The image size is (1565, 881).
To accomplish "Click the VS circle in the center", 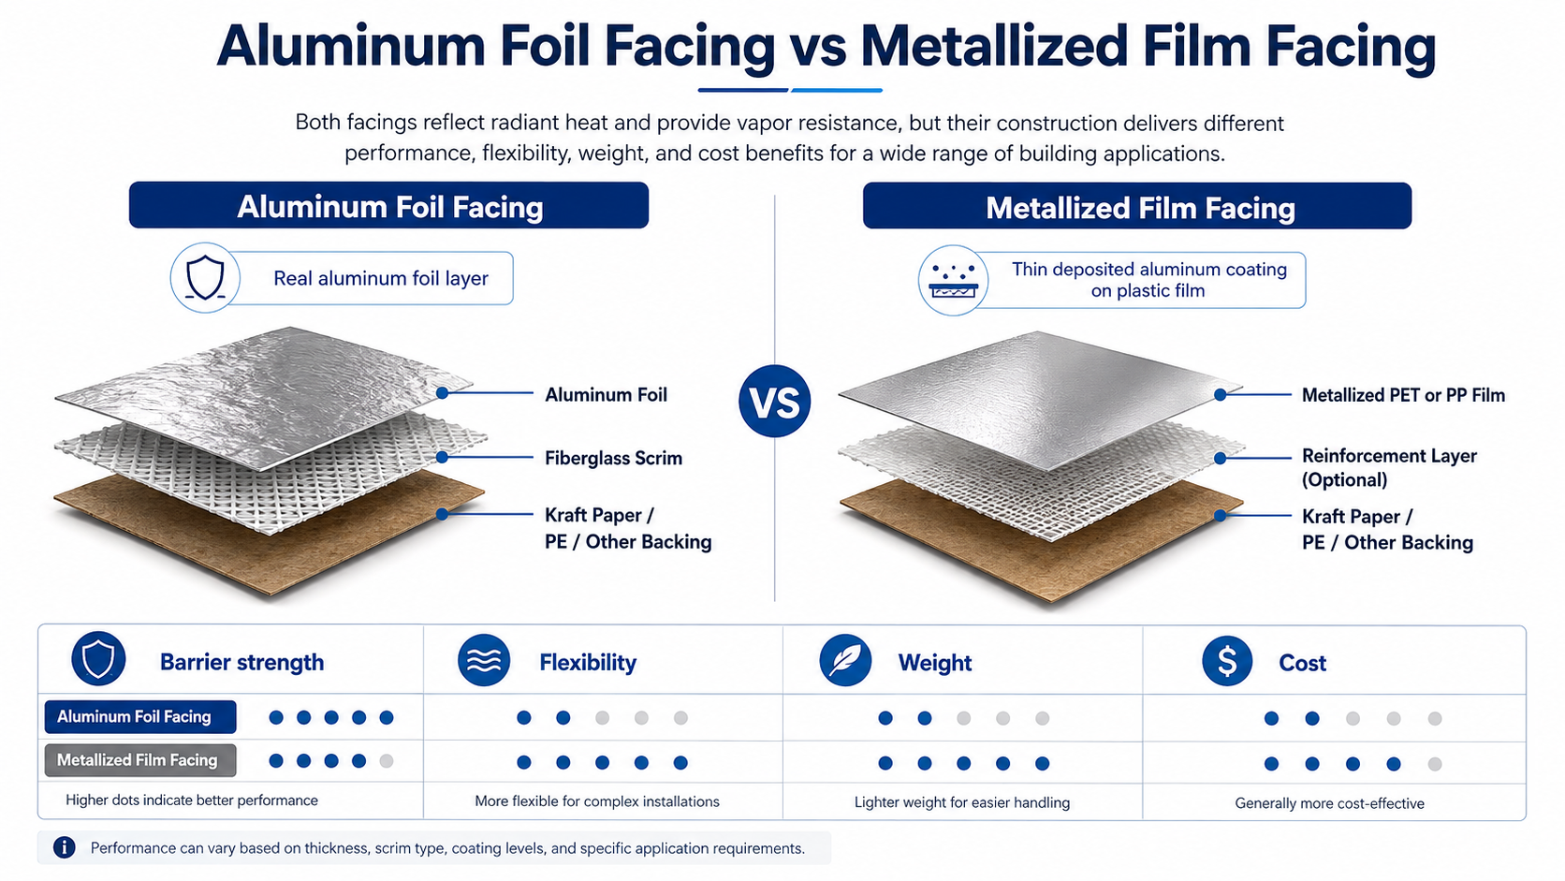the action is point(774,401).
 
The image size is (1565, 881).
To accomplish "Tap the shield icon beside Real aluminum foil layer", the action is point(205,277).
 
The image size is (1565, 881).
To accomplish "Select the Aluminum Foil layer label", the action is point(606,395).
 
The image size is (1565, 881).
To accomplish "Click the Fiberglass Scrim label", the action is point(613,459).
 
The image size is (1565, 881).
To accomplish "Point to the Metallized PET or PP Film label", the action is point(1403,395).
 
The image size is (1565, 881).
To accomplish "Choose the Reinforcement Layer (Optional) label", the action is point(1389,467).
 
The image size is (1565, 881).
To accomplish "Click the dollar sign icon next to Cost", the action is point(1227,661).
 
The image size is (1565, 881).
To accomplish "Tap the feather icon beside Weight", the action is point(845,660).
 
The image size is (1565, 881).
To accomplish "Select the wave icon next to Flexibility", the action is point(484,660).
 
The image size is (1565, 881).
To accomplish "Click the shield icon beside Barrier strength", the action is point(98,659).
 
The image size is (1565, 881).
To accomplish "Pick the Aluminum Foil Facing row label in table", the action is point(140,717).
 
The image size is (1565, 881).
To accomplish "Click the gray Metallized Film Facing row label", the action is point(140,760).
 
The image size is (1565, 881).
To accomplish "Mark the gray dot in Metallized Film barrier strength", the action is point(387,761).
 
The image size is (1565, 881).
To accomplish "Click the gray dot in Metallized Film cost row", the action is point(1434,764).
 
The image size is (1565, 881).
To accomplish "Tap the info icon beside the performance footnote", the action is point(65,847).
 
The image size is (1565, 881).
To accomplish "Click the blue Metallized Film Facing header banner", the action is point(1136,206).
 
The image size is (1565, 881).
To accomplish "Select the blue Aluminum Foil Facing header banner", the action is point(388,205).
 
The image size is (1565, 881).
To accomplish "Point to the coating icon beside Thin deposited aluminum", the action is point(953,280).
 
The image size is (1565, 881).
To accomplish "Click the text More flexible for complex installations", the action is point(597,801).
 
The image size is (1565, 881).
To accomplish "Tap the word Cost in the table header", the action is point(1302,662).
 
